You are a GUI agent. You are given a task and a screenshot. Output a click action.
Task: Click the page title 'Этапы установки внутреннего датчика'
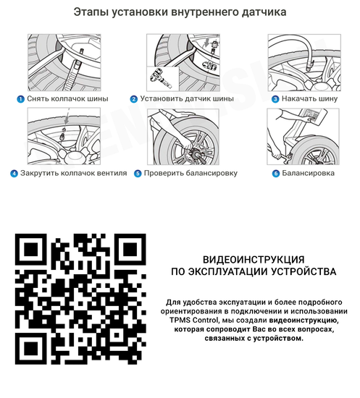[x=180, y=12]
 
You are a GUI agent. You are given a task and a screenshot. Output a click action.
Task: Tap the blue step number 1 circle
[x=20, y=99]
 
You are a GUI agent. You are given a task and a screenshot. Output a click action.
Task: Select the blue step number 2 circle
[x=134, y=99]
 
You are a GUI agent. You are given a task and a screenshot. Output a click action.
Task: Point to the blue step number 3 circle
[x=275, y=99]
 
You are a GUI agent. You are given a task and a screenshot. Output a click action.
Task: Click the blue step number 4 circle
[x=14, y=174]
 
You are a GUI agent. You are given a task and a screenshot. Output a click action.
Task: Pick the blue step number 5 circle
[x=138, y=174]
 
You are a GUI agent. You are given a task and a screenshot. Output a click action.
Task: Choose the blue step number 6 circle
[x=275, y=174]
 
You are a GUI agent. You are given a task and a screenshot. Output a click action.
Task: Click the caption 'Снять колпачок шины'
[x=67, y=99]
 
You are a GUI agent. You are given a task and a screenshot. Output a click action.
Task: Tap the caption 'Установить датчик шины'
[x=188, y=99]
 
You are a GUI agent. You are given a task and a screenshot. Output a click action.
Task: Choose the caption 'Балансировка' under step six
[x=308, y=174]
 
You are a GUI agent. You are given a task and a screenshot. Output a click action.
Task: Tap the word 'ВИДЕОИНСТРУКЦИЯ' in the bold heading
[x=253, y=259]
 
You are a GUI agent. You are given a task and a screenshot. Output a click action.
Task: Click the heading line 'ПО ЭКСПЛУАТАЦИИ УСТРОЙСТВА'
[x=253, y=273]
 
